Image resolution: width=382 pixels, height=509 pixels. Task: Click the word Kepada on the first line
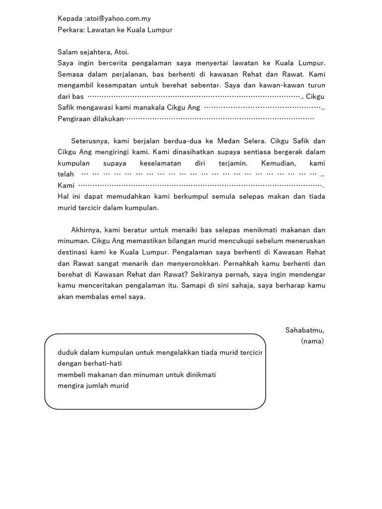[70, 19]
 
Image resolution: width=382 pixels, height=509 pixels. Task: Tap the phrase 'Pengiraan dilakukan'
[90, 118]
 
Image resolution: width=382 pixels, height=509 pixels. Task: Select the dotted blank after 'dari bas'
[194, 96]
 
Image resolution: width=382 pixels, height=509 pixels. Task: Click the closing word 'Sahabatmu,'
[304, 330]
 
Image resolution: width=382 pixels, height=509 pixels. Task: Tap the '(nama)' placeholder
[312, 341]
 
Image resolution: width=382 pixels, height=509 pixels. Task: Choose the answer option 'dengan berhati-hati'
[90, 363]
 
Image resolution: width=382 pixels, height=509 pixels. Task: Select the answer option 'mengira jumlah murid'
[93, 385]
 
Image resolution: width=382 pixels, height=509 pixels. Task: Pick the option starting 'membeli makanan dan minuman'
[137, 374]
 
